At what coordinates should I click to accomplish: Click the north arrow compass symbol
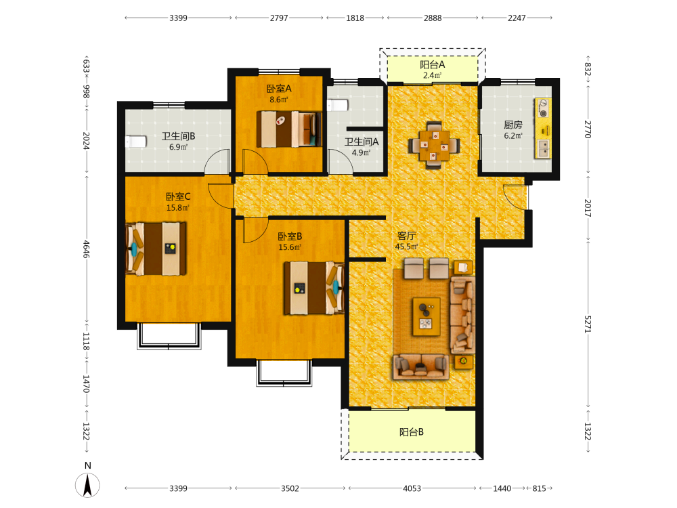tap(87, 485)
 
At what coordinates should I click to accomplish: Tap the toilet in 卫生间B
tap(135, 142)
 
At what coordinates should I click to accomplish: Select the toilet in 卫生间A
tap(338, 105)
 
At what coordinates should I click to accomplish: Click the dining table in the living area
tap(435, 145)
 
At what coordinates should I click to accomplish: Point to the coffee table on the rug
tap(427, 316)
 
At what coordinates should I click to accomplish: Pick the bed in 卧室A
tap(289, 129)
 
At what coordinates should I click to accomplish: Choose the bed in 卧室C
tap(156, 249)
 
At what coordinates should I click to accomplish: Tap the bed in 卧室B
tap(314, 288)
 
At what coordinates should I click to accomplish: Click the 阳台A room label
tap(432, 65)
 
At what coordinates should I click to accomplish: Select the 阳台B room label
tap(412, 432)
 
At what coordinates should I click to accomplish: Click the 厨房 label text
tap(513, 125)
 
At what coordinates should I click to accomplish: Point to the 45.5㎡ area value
tap(407, 247)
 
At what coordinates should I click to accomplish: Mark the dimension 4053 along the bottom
tap(412, 488)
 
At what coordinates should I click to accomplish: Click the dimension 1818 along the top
tap(355, 18)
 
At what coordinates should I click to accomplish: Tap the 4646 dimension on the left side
tap(87, 249)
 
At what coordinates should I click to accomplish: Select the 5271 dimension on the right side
tap(588, 324)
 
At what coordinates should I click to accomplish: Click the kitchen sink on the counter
tap(543, 148)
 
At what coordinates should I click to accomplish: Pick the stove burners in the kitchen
tap(543, 108)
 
